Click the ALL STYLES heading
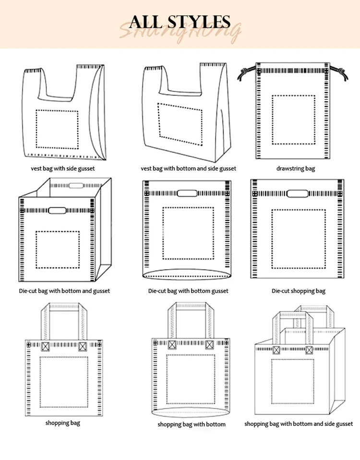(180, 22)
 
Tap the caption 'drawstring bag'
(295, 168)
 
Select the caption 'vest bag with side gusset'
(62, 168)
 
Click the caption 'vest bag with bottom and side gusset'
(188, 168)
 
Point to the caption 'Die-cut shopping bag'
(298, 291)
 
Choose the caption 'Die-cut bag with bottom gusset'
(188, 291)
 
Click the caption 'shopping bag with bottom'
(192, 424)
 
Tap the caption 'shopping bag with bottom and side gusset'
(299, 424)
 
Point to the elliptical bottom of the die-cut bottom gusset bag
(187, 275)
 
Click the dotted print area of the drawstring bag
(293, 120)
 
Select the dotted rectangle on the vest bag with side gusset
(57, 129)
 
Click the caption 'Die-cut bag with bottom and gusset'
(64, 291)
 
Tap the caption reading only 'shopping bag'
(63, 423)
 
